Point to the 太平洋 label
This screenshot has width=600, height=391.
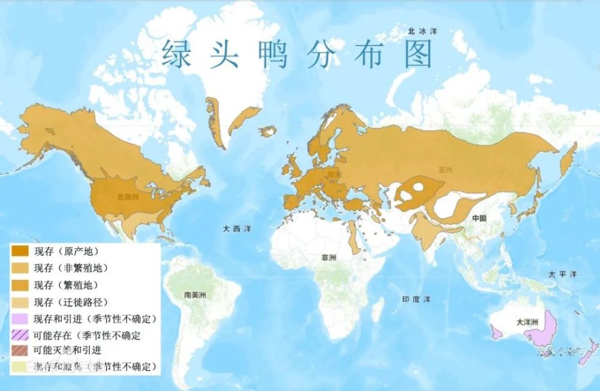pos(562,274)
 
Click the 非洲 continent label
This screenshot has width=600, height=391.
pos(329,257)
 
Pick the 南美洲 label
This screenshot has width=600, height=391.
pos(196,295)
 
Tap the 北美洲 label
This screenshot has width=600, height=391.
pos(130,195)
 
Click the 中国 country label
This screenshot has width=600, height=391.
pos(479,218)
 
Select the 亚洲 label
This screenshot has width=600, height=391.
pos(446,170)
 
